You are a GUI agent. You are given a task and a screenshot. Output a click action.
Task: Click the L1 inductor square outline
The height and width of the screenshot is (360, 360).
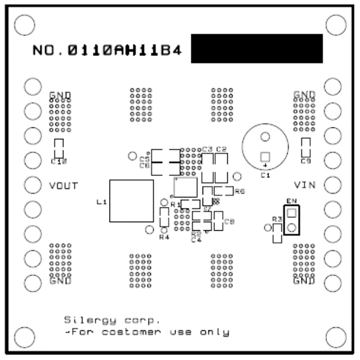131,200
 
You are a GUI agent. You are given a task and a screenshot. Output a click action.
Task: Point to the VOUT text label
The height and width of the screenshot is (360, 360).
63,185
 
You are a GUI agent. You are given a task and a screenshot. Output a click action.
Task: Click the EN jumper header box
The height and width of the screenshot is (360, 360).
292,220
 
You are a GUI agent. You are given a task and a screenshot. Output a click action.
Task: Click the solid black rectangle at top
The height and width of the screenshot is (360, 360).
257,49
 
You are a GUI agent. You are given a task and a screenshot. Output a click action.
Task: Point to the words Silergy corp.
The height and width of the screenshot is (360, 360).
112,320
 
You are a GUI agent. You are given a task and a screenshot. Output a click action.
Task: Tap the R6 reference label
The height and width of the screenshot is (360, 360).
239,191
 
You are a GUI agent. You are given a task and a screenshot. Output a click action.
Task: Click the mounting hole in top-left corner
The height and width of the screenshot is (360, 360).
24,24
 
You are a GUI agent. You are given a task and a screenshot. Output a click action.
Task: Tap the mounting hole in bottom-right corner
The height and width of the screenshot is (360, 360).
335,336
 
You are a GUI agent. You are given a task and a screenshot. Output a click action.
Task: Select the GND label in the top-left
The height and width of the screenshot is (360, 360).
60,95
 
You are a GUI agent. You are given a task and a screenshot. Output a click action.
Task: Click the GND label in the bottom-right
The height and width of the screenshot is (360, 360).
304,281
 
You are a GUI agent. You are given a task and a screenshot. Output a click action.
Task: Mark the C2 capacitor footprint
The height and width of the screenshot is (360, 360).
221,168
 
